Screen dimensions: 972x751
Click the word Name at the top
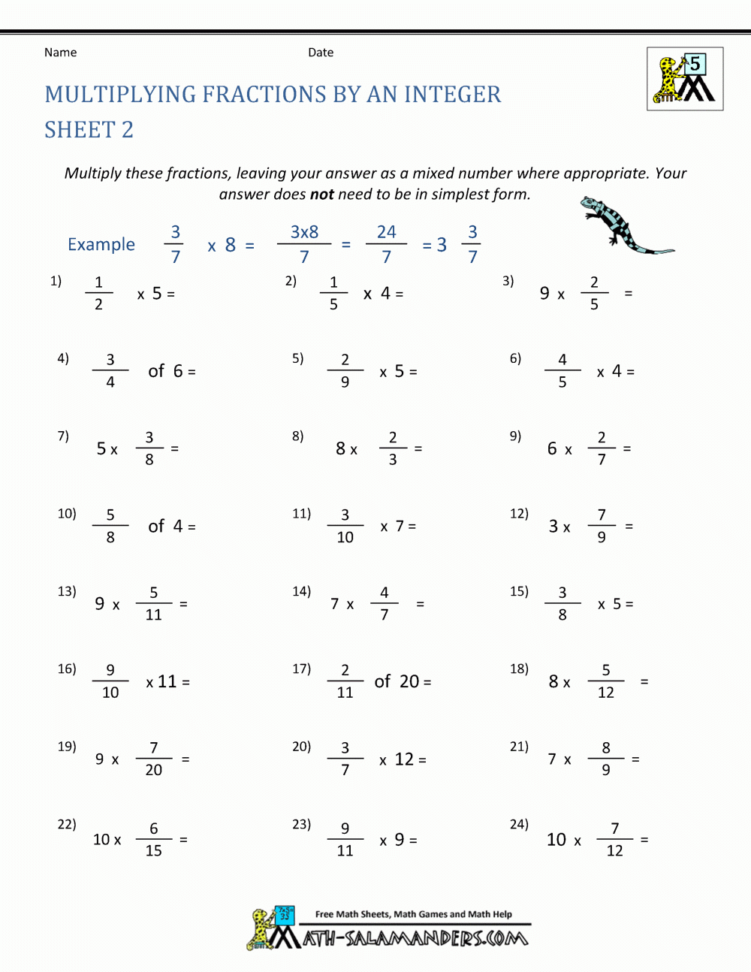(x=60, y=53)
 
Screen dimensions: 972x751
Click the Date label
(x=321, y=53)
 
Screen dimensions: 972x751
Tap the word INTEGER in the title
(x=452, y=95)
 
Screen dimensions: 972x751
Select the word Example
(x=101, y=245)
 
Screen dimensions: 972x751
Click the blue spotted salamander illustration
(x=623, y=226)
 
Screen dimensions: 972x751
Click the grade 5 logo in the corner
(x=685, y=79)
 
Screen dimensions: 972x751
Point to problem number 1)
(x=56, y=281)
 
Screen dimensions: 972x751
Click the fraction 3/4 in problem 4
(x=110, y=370)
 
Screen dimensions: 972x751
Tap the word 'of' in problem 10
(x=156, y=527)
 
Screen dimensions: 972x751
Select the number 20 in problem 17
(x=409, y=681)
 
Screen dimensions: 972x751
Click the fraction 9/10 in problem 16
(x=110, y=681)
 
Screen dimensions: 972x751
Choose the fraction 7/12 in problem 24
(x=614, y=839)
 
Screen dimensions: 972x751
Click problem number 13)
(x=67, y=591)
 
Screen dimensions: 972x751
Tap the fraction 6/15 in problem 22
(x=153, y=839)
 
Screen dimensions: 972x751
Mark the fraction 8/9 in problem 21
(x=606, y=759)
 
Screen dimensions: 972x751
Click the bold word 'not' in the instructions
(x=321, y=195)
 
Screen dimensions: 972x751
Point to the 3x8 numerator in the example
(x=304, y=232)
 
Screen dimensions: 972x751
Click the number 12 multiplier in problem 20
(x=404, y=759)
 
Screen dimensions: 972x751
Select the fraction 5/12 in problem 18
(x=606, y=681)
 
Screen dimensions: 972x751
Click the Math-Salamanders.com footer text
(x=415, y=938)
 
